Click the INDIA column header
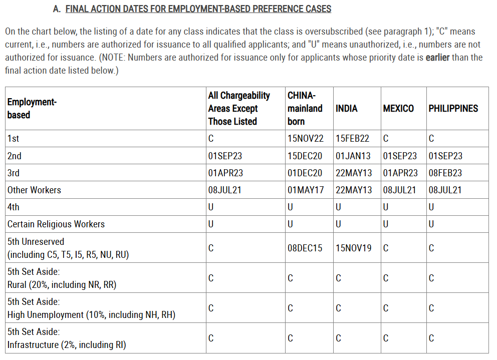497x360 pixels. click(346, 108)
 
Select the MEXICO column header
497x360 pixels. click(398, 108)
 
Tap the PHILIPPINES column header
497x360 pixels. click(453, 108)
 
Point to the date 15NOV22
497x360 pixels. click(306, 139)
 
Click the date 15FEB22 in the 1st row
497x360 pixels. click(353, 139)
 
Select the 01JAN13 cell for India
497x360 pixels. click(353, 156)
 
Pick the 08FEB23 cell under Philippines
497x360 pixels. click(445, 173)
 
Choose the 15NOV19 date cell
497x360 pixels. click(353, 248)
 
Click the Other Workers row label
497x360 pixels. click(34, 190)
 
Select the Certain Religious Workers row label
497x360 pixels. click(56, 224)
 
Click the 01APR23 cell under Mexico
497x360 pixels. click(400, 173)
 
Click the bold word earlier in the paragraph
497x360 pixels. click(437, 57)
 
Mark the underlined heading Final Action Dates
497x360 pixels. click(198, 9)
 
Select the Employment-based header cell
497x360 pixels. click(32, 108)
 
